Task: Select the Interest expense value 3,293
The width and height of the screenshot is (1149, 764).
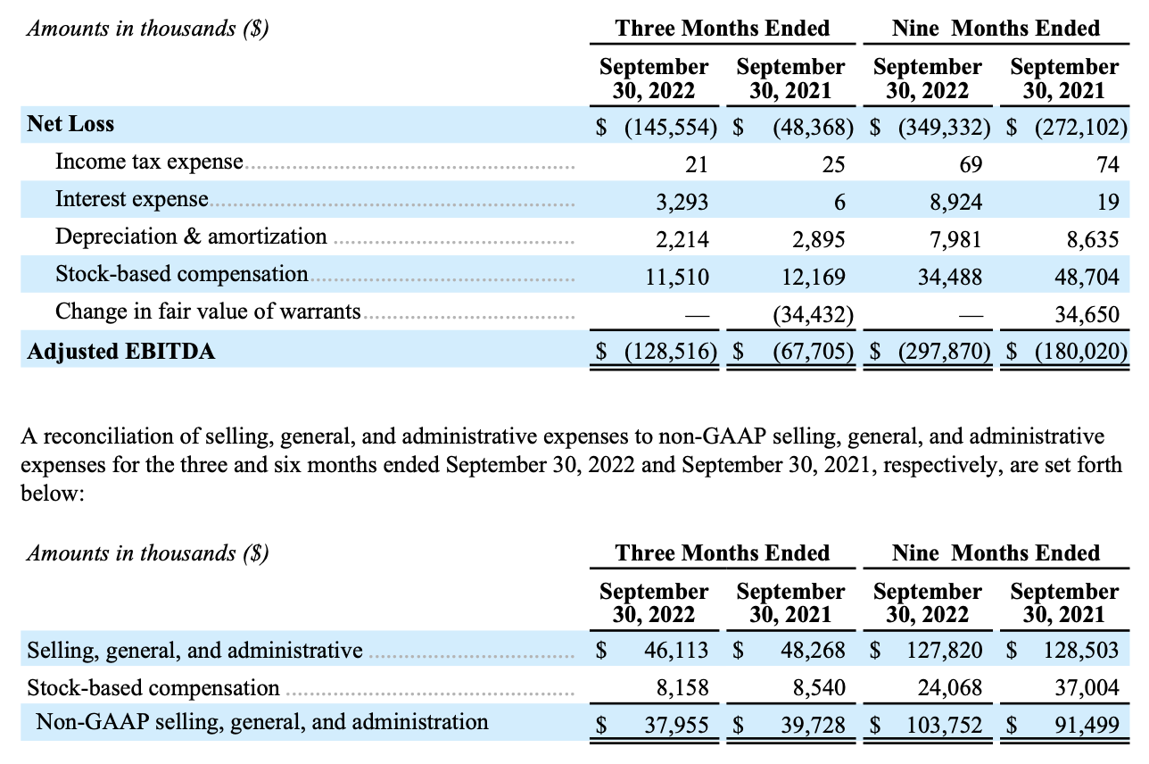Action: coord(682,203)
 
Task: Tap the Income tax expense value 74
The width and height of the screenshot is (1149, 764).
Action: coord(1108,165)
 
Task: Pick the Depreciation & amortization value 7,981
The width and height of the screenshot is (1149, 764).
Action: coord(955,239)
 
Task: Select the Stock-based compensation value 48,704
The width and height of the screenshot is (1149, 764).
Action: coord(1087,277)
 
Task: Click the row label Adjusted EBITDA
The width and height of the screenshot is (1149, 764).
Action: coord(121,352)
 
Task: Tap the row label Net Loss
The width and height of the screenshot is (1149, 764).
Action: coord(70,124)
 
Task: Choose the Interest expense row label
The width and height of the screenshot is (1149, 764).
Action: coord(132,199)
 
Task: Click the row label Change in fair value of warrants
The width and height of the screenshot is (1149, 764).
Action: coord(208,311)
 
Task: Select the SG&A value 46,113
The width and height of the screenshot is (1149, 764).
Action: coord(676,650)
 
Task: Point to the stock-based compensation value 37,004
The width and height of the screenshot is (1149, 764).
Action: coord(1087,687)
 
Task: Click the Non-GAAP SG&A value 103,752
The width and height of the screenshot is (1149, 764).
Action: coord(945,725)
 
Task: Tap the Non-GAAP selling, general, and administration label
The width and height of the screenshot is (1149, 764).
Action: coord(262,722)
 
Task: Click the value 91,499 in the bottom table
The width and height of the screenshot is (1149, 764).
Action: coord(1087,725)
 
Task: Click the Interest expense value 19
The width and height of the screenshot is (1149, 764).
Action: coord(1108,203)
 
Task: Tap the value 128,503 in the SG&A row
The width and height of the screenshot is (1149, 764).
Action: coord(1081,650)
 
